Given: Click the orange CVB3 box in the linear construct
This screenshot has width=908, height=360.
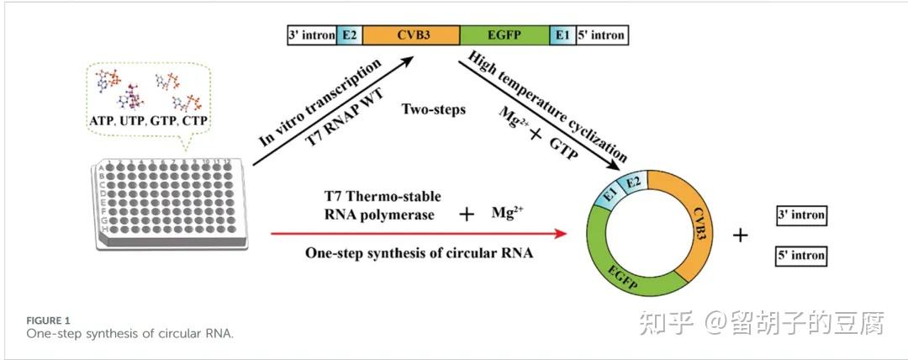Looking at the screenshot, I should coord(411,34).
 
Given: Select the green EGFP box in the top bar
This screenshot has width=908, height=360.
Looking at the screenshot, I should coord(505,34).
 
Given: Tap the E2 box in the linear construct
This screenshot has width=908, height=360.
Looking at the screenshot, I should coord(349,34).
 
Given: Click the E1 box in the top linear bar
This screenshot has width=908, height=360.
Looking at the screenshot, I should coord(562,34).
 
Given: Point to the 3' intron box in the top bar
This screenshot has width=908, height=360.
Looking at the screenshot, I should coord(311,34).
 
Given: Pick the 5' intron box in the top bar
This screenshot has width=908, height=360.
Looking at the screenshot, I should coord(601,34).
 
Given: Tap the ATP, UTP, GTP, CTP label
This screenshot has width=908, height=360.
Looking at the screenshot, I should coord(148,121).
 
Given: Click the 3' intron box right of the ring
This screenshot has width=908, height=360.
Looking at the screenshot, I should coord(800,216).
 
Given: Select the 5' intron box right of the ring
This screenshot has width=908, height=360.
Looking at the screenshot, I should coord(800,255).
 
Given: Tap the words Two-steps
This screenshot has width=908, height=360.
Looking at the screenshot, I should coord(433,110).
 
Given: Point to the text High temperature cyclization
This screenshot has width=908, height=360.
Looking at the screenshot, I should coord(548,105).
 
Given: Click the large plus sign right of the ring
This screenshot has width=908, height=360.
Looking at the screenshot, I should coord(740,236).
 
